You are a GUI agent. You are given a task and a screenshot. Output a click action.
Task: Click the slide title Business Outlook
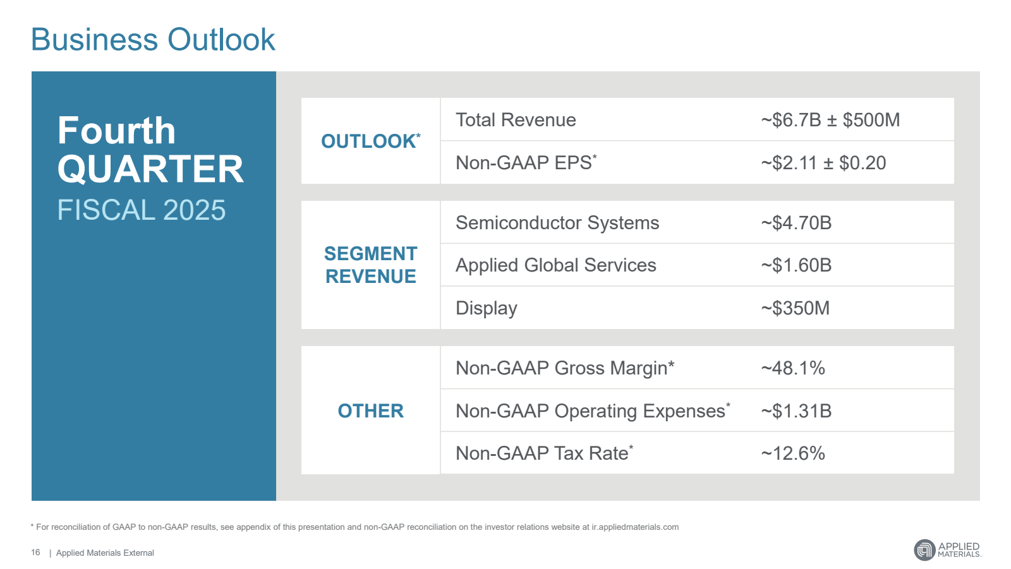click(x=153, y=40)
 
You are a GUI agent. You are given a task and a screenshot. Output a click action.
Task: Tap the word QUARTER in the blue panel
click(x=150, y=169)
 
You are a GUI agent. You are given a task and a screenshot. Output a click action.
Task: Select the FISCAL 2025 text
click(x=141, y=210)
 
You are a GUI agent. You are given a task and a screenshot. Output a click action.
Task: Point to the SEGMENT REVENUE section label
click(x=370, y=265)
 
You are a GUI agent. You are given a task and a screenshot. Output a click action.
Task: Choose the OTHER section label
click(x=370, y=411)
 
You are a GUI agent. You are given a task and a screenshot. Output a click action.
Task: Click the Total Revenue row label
click(x=516, y=120)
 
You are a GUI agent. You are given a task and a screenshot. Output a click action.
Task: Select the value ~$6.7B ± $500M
click(x=830, y=120)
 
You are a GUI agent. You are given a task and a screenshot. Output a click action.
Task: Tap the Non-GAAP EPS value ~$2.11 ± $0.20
click(x=823, y=163)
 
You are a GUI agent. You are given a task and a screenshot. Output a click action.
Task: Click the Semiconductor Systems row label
click(x=557, y=223)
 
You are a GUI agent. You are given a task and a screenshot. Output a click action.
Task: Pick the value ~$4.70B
click(x=796, y=223)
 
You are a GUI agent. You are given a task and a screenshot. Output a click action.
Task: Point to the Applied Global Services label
click(x=555, y=265)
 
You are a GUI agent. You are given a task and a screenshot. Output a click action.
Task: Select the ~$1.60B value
click(x=796, y=265)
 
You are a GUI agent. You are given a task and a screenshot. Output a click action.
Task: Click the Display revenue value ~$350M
click(x=795, y=308)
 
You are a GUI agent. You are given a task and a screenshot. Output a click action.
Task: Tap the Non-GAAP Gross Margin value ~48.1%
click(x=792, y=368)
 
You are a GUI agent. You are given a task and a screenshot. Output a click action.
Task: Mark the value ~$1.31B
click(x=796, y=411)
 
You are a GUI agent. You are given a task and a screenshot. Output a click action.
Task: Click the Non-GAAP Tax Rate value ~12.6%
click(x=792, y=453)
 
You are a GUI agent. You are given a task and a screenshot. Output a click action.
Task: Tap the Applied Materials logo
click(x=947, y=549)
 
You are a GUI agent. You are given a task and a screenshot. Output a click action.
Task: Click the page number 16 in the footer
click(x=35, y=553)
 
